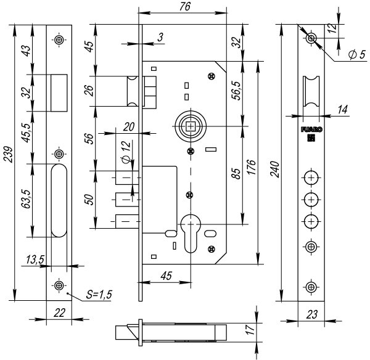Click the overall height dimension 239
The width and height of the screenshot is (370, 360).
(x=8, y=158)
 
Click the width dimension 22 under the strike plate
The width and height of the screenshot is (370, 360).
(x=60, y=312)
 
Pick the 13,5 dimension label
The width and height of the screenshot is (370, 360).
(x=35, y=260)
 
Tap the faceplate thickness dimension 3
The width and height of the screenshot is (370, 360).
(x=160, y=38)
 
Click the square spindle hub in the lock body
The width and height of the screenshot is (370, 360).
(x=191, y=126)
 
